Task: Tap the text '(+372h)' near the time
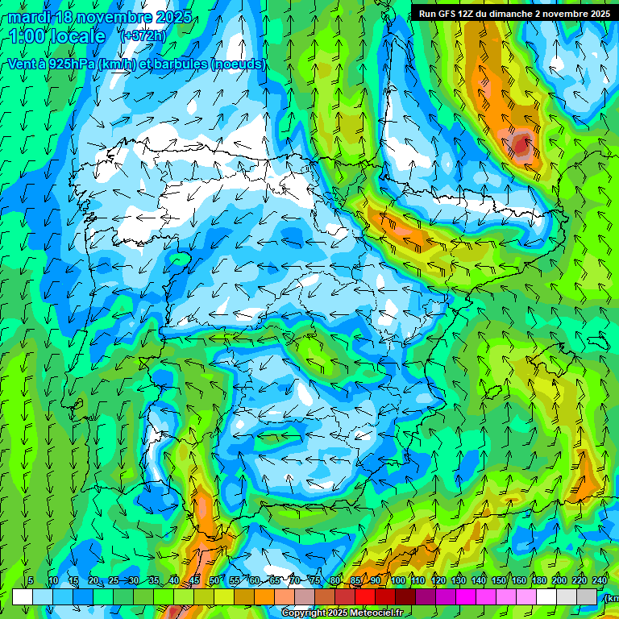[x=143, y=35]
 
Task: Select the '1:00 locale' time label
[x=58, y=36]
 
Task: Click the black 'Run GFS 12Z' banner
[x=513, y=14]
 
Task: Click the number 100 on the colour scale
[x=398, y=581]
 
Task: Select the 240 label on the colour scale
[x=600, y=581]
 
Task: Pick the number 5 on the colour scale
[x=31, y=581]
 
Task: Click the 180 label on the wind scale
[x=539, y=581]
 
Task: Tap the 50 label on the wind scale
[x=214, y=581]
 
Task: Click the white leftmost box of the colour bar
[x=23, y=597]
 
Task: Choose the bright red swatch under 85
[x=365, y=597]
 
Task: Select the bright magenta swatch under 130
[x=466, y=597]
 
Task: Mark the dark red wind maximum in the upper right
[x=521, y=145]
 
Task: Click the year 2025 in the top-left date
[x=174, y=17]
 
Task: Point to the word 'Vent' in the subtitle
[x=22, y=64]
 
